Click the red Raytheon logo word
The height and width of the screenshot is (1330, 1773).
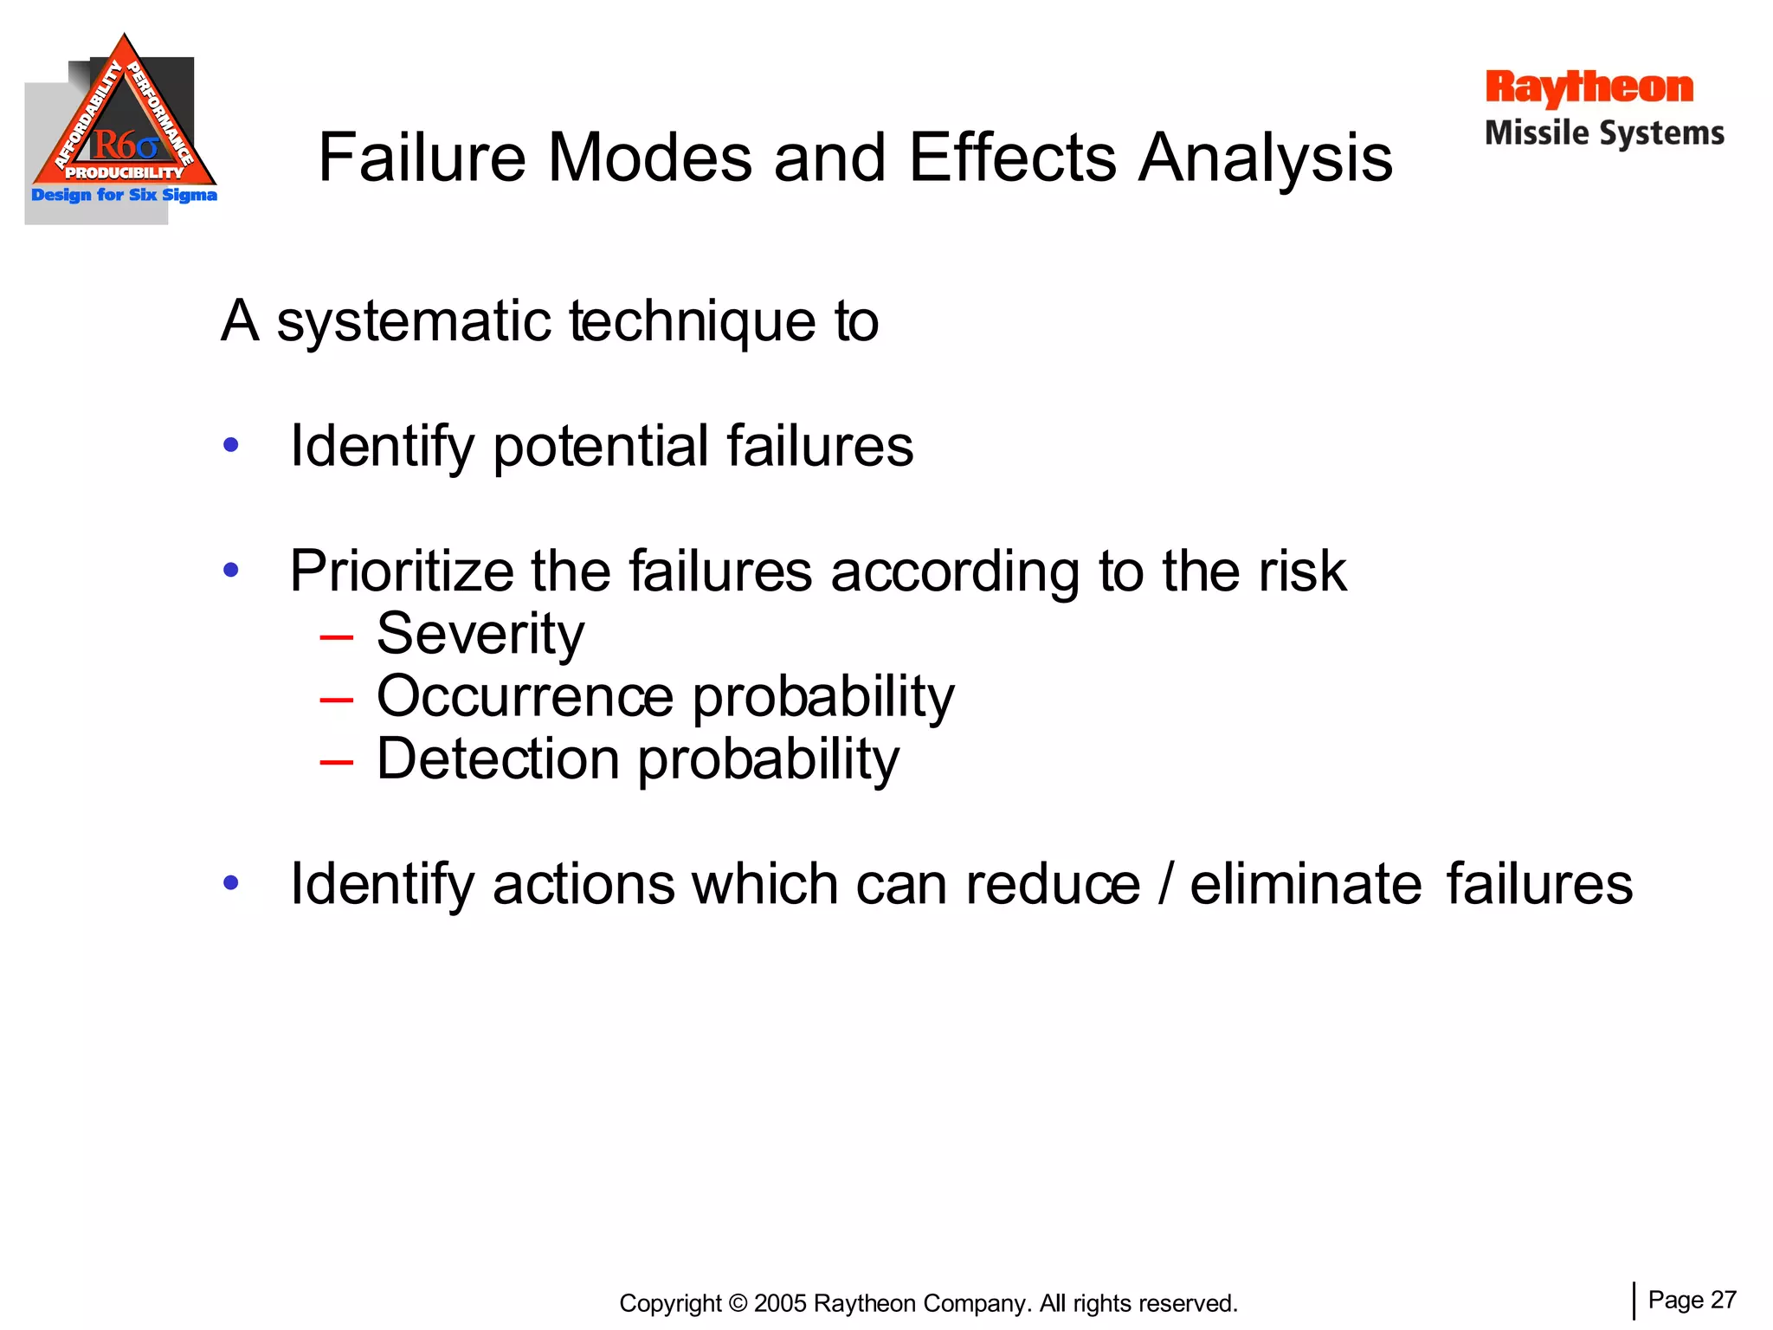pos(1589,88)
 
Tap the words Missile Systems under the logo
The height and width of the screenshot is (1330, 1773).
pos(1604,133)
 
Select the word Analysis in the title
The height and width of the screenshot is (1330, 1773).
pos(1265,159)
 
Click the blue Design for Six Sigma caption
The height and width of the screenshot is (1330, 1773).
pos(124,195)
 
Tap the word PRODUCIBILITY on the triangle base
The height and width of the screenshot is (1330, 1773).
pos(125,172)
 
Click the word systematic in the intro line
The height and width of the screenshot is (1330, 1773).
pos(414,322)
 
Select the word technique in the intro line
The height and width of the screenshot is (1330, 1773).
pos(692,322)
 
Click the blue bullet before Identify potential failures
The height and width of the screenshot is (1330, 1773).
pos(230,445)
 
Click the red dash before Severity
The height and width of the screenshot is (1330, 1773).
pos(336,637)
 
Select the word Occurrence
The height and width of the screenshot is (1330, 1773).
pos(525,696)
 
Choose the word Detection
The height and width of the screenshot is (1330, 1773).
pos(498,759)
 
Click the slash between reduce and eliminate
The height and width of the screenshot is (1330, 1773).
pos(1165,884)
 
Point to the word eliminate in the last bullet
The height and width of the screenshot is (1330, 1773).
pos(1306,884)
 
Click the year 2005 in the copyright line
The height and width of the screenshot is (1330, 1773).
pos(780,1303)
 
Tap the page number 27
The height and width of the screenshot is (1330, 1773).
pos(1724,1300)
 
